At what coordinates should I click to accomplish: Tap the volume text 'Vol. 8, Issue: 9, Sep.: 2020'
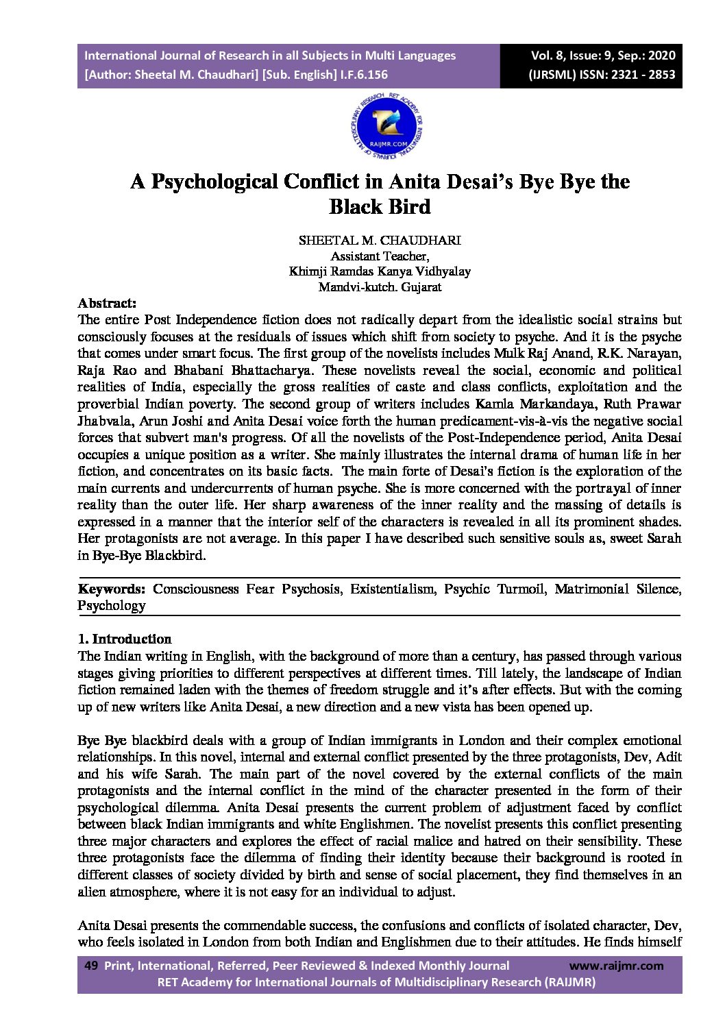(x=603, y=56)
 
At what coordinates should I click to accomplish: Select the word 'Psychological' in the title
(x=214, y=182)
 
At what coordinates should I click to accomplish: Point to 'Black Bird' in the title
(x=380, y=206)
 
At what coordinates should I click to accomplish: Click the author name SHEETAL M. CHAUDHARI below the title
(x=380, y=240)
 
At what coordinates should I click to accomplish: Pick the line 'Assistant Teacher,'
(x=380, y=256)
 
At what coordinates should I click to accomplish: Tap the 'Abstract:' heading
(x=107, y=303)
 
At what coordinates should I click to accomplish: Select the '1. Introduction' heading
(x=125, y=639)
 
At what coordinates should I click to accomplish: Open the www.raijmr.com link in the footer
(x=616, y=966)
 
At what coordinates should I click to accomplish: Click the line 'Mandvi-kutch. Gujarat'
(x=380, y=287)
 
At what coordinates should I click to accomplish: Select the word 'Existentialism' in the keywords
(x=392, y=589)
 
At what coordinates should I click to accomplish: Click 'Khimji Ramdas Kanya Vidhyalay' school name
(x=380, y=271)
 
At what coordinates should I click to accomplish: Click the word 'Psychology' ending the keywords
(x=112, y=606)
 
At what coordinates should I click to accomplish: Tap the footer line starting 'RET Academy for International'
(x=376, y=982)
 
